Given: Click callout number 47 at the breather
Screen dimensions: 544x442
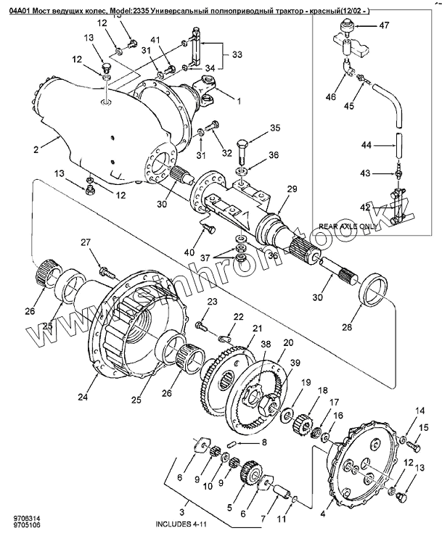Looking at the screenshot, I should tap(384, 25).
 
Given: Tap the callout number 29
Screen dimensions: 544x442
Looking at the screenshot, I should tap(292, 189).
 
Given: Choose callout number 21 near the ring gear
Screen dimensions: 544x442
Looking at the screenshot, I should tap(255, 329).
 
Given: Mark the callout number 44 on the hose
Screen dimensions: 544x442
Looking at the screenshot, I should tap(367, 146).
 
